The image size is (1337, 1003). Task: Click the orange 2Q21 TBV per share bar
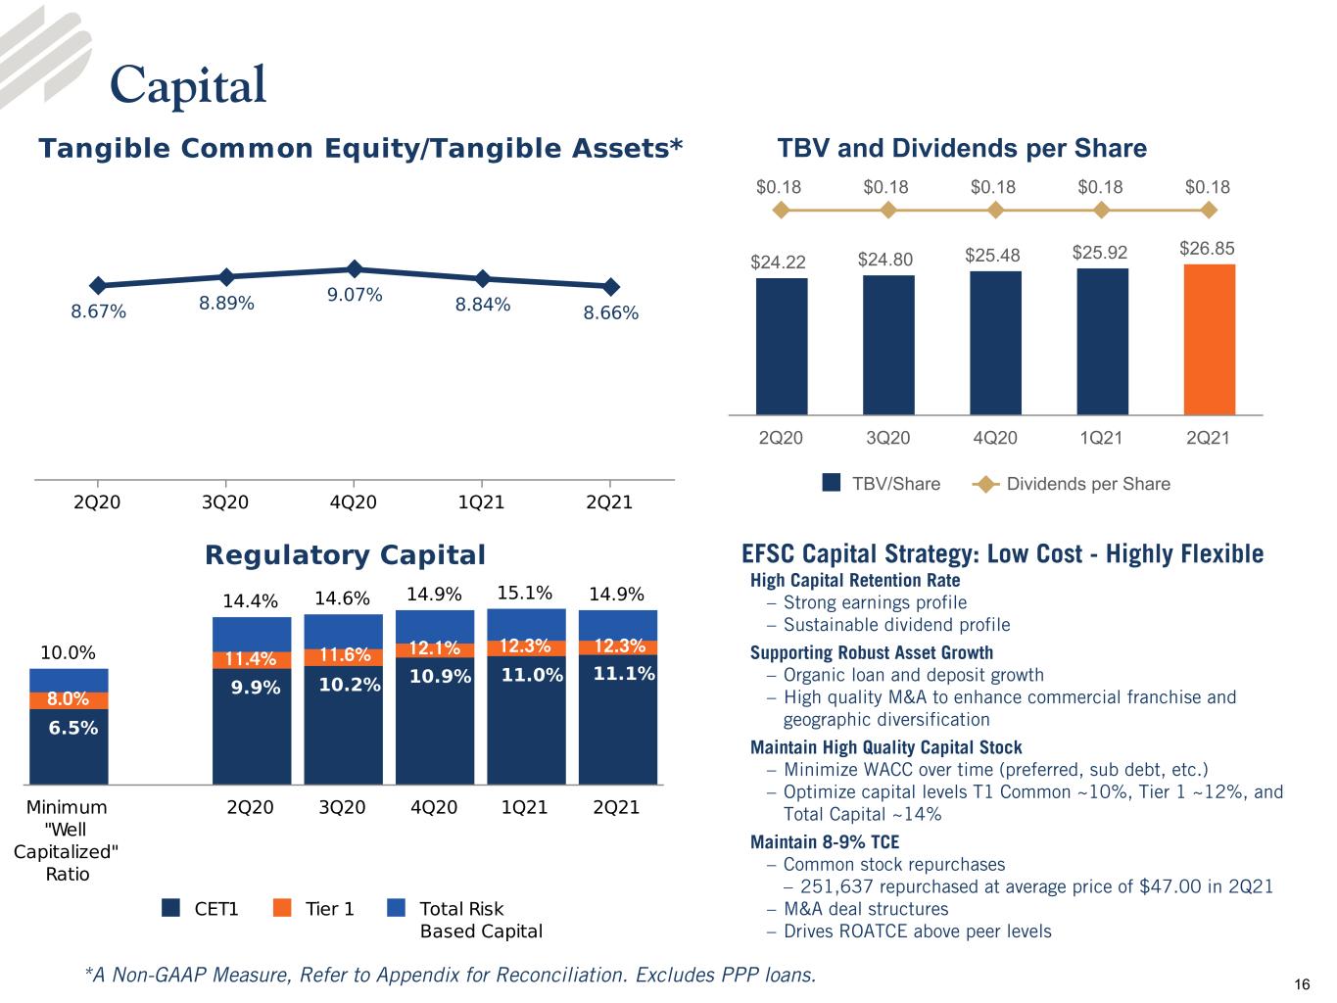[1209, 339]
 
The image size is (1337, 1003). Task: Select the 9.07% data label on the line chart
[355, 295]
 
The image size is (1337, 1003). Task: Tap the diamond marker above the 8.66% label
[611, 286]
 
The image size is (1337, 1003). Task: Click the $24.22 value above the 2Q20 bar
[778, 262]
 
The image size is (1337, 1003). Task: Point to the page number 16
[1302, 984]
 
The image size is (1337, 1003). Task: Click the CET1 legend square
[170, 907]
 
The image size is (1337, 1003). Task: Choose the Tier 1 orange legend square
[282, 907]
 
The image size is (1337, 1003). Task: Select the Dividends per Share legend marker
[985, 484]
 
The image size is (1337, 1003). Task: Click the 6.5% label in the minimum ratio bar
[73, 728]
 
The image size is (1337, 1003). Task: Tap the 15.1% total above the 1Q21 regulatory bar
[524, 593]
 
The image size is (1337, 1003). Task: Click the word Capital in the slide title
[188, 86]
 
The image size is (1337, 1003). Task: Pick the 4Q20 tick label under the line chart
[354, 502]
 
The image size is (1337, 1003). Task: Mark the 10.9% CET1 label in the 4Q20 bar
[440, 676]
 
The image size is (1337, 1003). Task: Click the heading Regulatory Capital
[346, 554]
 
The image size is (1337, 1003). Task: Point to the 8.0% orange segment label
[69, 698]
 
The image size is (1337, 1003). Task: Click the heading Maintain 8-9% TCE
[825, 842]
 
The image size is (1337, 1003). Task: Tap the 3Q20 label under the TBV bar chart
[888, 438]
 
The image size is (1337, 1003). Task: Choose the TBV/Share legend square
[832, 482]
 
